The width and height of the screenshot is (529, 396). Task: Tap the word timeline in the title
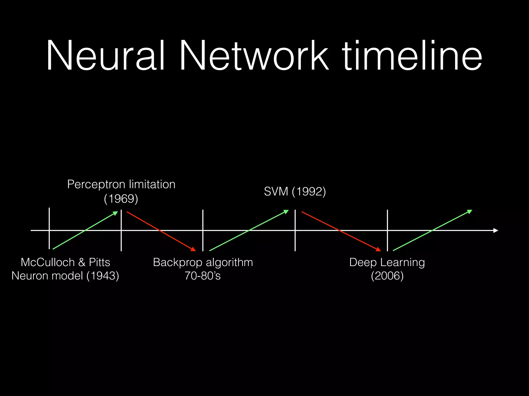click(412, 55)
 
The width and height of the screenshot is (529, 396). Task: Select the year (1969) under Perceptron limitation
click(121, 199)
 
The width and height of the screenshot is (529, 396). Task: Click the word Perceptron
click(96, 185)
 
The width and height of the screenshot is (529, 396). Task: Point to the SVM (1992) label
click(295, 192)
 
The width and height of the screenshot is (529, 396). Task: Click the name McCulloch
click(48, 262)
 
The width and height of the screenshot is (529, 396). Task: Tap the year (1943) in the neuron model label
click(103, 276)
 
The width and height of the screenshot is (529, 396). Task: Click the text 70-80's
click(203, 276)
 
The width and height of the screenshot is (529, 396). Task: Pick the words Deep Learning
click(387, 262)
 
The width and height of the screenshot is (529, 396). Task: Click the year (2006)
click(387, 276)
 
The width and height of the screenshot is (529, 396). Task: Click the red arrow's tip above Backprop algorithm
click(193, 249)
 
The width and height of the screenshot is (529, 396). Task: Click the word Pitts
click(99, 262)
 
